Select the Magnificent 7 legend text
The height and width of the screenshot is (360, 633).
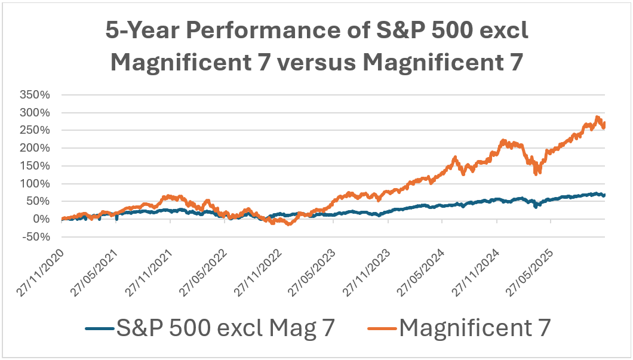474,327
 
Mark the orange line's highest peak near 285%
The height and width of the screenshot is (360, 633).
597,118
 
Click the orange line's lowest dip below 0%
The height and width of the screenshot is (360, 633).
290,224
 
